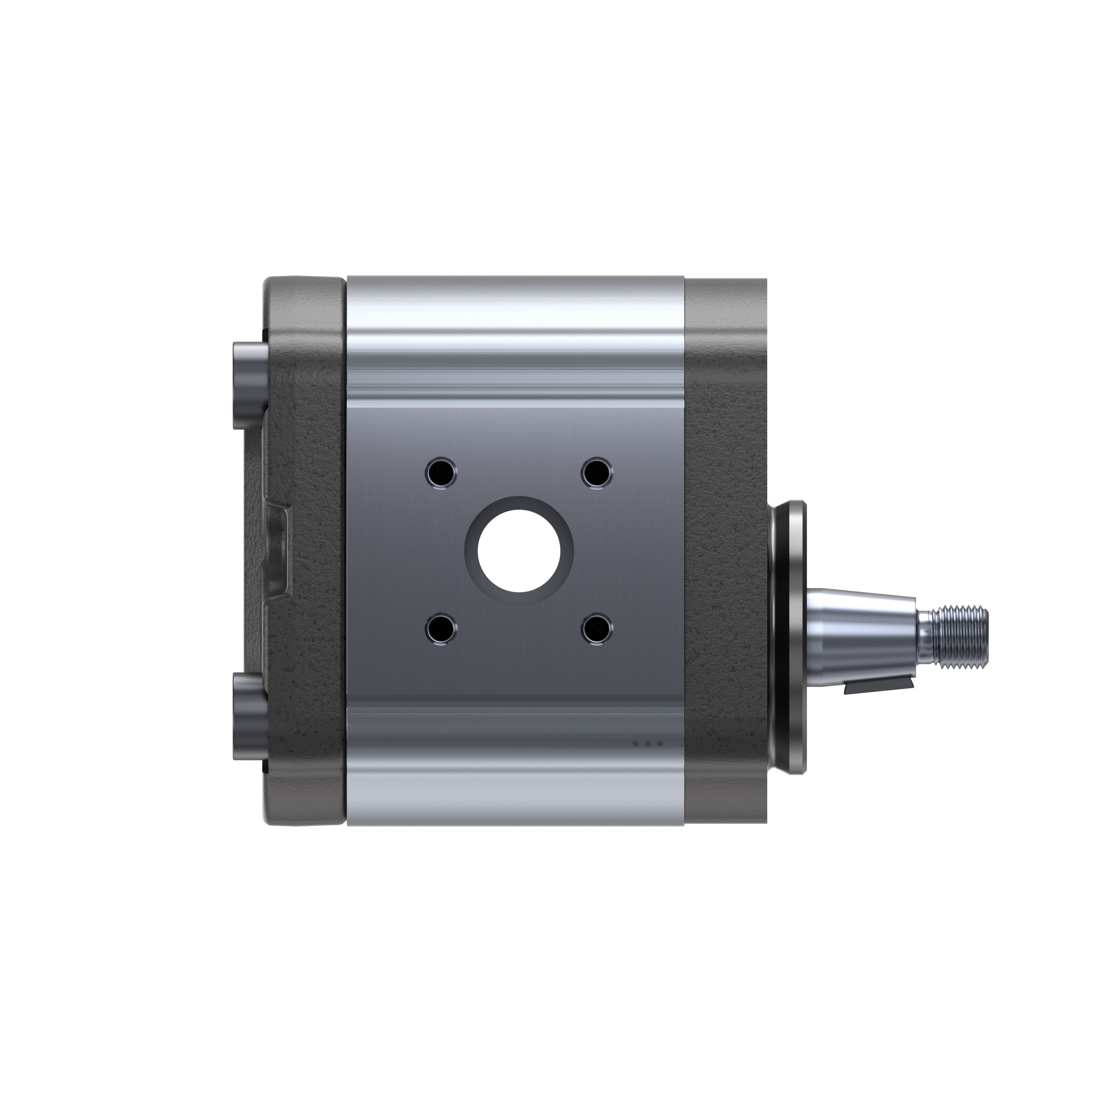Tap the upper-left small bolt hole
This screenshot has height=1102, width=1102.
(x=441, y=472)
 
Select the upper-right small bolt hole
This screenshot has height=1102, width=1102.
(x=597, y=472)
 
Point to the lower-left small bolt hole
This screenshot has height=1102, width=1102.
(x=441, y=629)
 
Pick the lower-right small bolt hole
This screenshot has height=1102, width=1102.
(x=597, y=629)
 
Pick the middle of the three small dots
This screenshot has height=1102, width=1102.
(x=647, y=743)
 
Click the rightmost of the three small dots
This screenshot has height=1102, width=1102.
(x=660, y=743)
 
